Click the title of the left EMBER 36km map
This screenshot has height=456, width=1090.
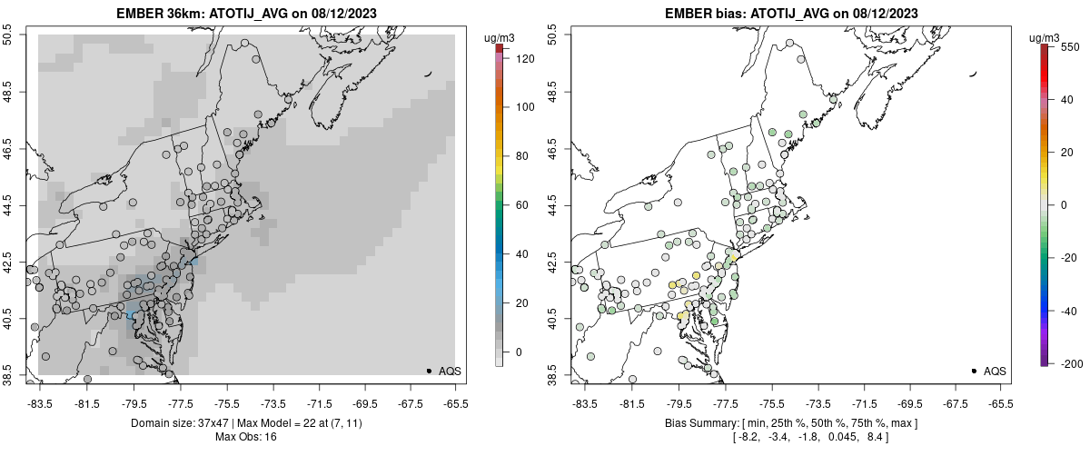[246, 14]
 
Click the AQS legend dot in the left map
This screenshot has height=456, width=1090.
[429, 371]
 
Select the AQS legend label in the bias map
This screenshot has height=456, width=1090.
[995, 371]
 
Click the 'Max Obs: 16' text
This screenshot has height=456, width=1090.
[246, 437]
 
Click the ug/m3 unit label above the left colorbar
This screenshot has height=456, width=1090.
[500, 37]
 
